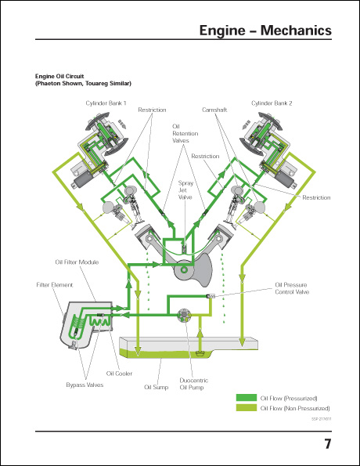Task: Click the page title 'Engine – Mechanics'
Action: click(x=265, y=31)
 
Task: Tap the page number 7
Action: click(x=328, y=445)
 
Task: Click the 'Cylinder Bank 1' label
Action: click(x=105, y=103)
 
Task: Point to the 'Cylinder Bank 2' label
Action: click(x=271, y=103)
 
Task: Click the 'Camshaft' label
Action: click(x=214, y=110)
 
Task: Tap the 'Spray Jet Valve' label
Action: click(x=185, y=190)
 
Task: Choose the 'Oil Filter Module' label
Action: click(x=77, y=262)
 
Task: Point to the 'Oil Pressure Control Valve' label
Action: click(x=292, y=288)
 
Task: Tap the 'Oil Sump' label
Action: click(x=156, y=387)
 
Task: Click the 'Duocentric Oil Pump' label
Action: click(x=192, y=383)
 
